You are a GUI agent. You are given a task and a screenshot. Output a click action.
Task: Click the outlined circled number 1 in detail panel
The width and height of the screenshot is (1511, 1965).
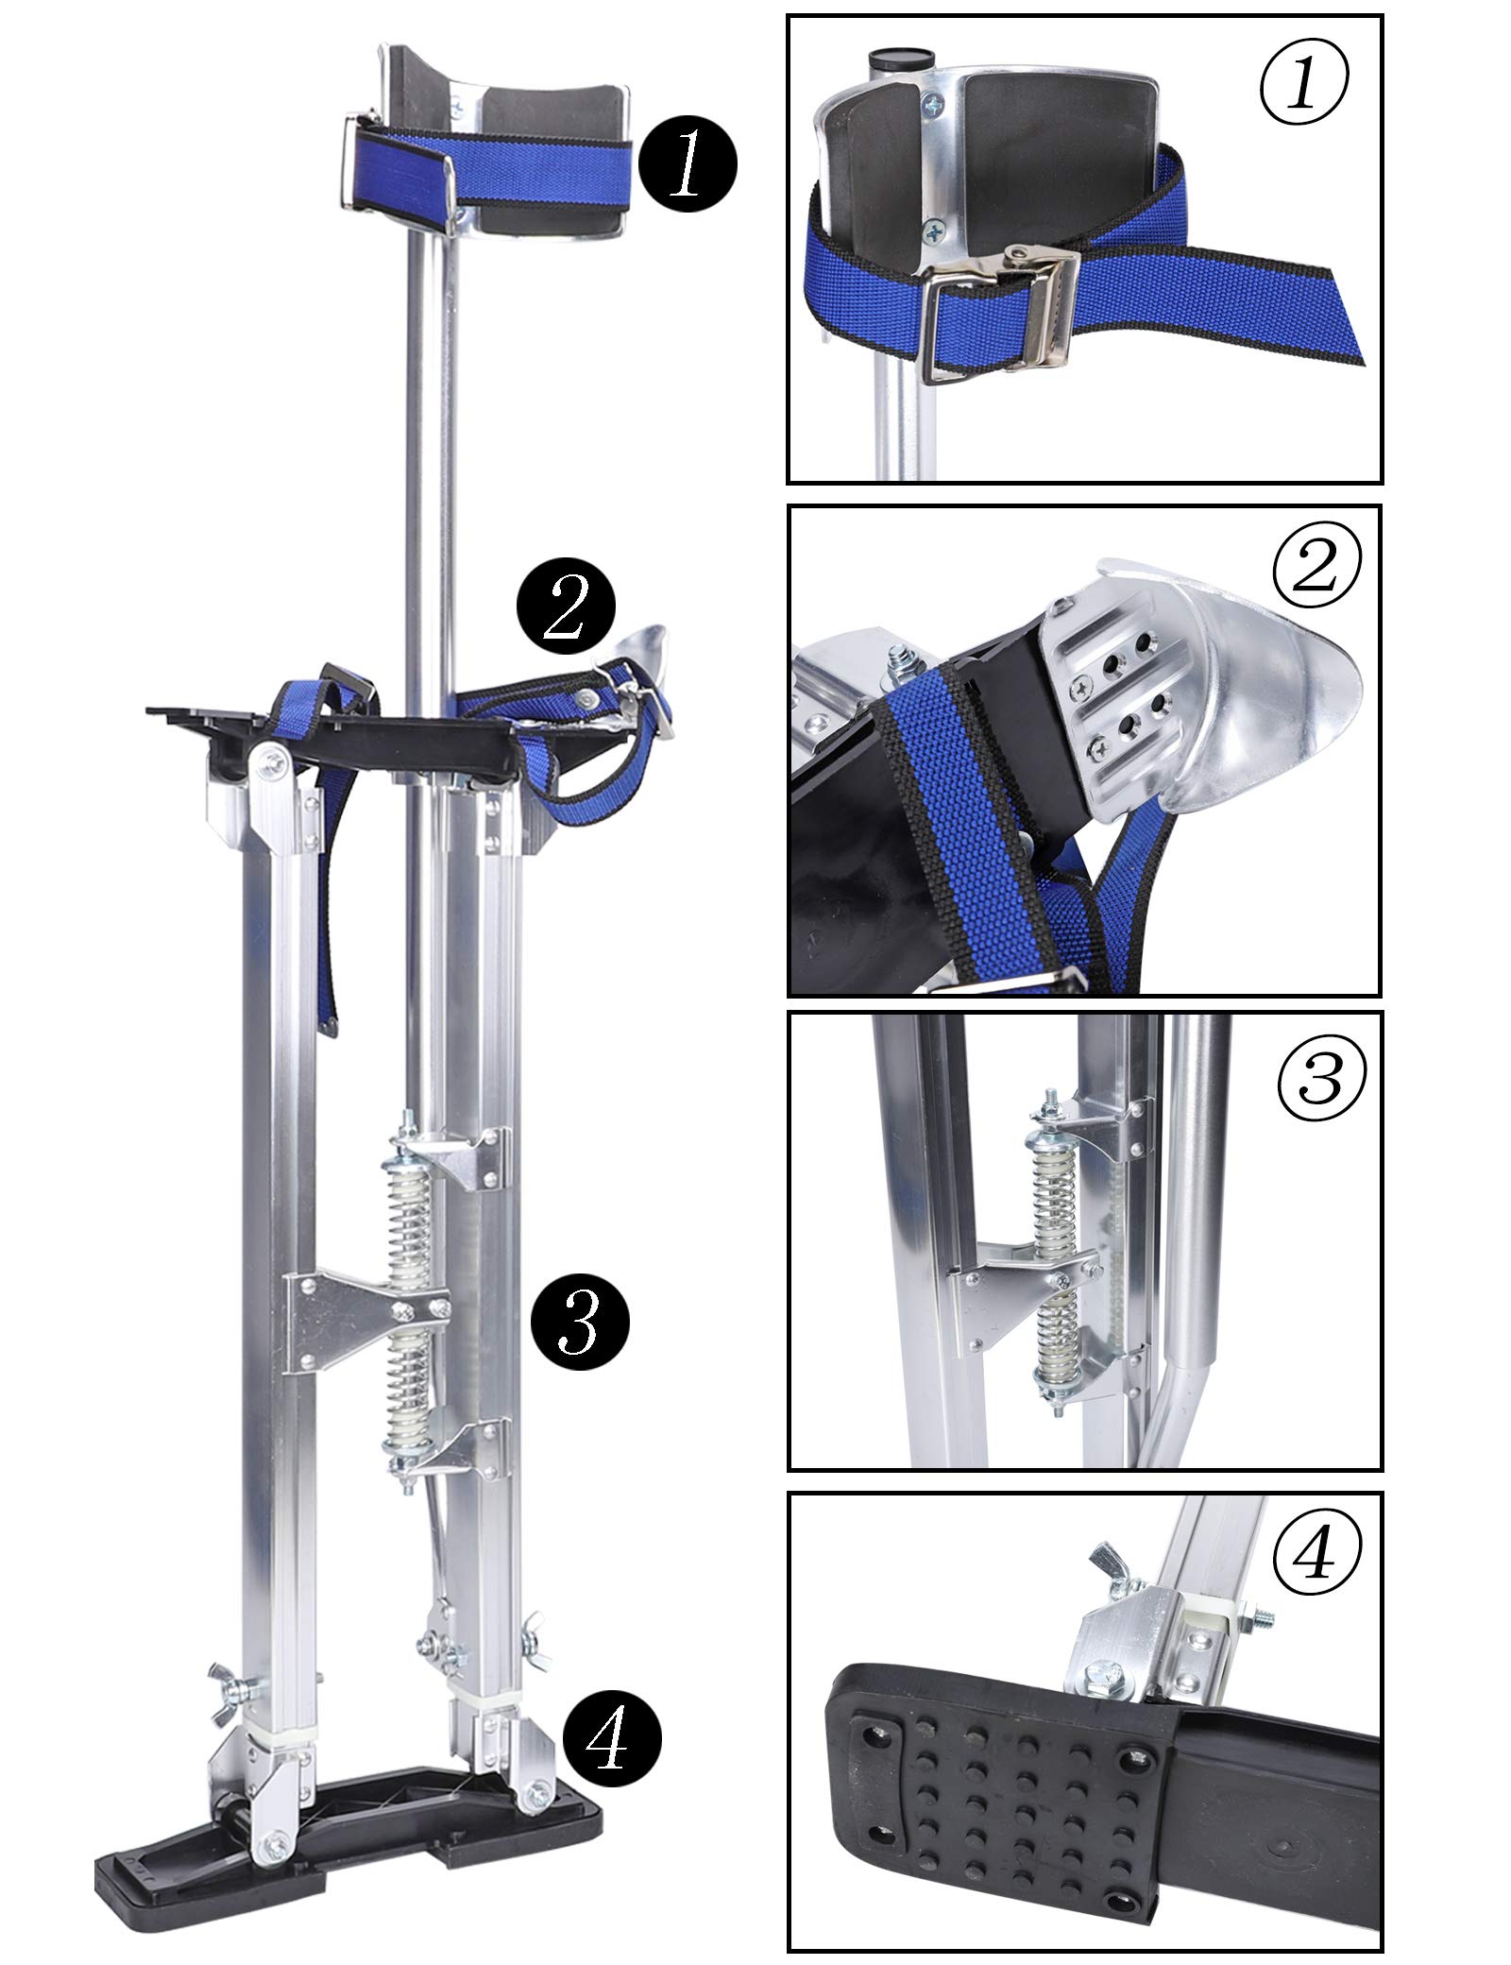click(1304, 86)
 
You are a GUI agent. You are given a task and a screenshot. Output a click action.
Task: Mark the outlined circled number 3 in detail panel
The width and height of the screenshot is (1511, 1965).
click(1321, 1080)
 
